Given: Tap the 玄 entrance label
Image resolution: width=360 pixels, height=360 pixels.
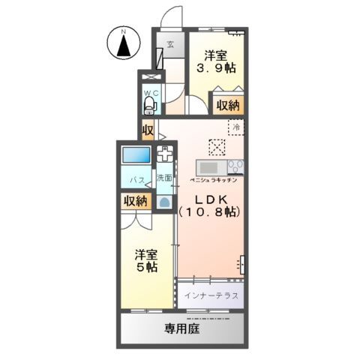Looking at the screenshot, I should coord(171,44).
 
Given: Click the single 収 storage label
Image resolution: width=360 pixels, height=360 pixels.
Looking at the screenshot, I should coord(148,130).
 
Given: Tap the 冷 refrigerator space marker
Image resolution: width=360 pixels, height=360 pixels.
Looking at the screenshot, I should coord(235,127).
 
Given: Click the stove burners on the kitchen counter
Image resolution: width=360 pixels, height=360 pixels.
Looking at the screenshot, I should coord(235,166).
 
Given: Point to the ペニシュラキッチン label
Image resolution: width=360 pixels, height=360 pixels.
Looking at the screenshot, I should coord(213,181).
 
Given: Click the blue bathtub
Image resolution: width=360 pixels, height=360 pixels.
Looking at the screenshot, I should coord(137,157).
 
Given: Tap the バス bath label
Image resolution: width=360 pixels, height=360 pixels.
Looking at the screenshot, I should coord(136,181).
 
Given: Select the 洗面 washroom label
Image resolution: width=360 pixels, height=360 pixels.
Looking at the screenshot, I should coord(164,178).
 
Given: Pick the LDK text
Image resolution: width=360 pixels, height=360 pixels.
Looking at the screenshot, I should coord(209,199).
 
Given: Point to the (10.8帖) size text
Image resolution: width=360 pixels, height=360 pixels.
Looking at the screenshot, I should coord(209,213).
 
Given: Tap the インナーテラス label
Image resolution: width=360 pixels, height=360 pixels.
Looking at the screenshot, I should coord(211,295).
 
